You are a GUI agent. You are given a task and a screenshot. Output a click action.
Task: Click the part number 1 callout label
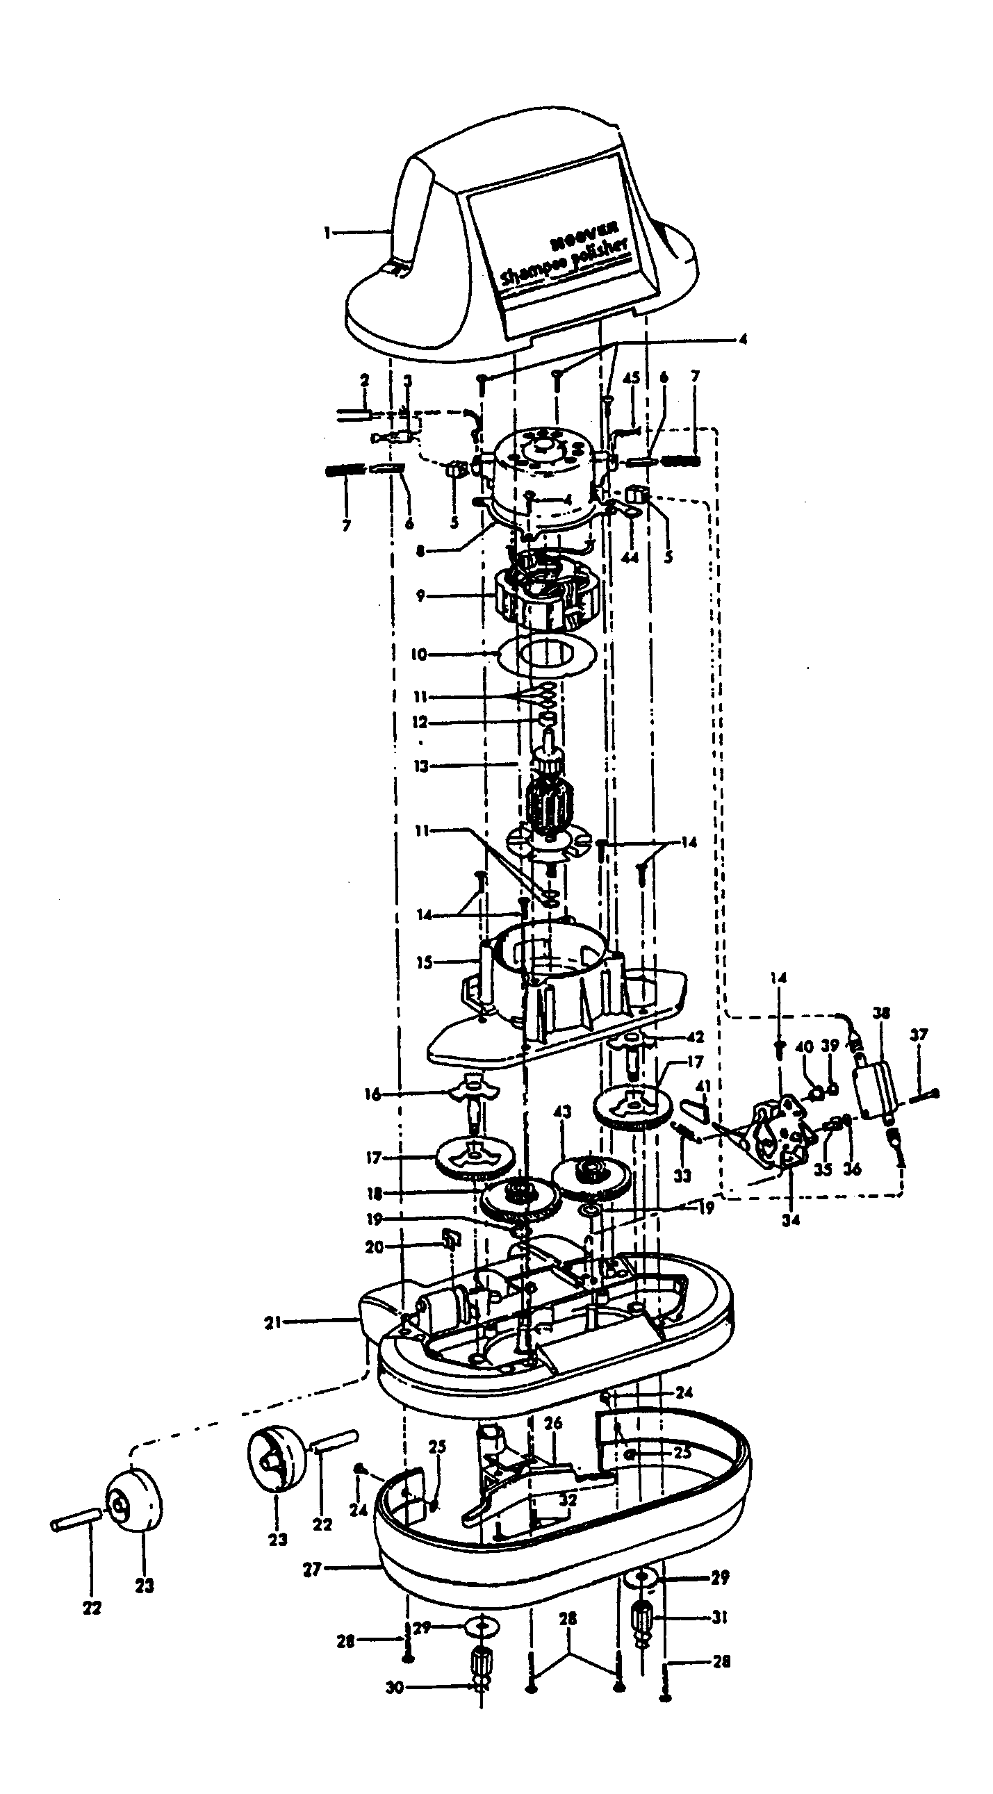(327, 233)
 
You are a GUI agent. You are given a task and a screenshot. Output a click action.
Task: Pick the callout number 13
(420, 766)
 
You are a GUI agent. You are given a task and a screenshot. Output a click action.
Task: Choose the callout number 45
(631, 378)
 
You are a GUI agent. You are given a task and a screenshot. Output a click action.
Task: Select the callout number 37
(919, 1035)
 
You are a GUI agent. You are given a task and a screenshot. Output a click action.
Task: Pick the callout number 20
(375, 1246)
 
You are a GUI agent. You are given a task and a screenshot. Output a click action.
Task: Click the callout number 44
(630, 558)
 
